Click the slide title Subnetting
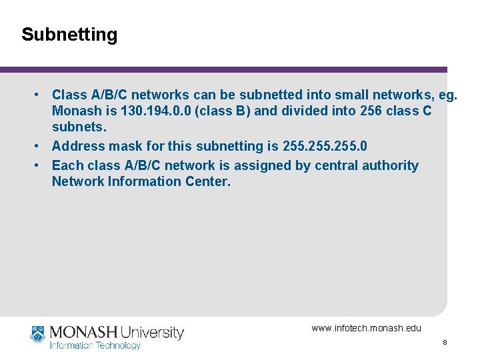[x=69, y=35]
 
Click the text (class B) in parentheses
[x=223, y=111]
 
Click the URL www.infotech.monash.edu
[x=367, y=328]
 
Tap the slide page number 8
[x=445, y=342]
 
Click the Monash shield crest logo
[x=37, y=333]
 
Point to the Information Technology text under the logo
[x=95, y=345]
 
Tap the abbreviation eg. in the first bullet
[x=446, y=95]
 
